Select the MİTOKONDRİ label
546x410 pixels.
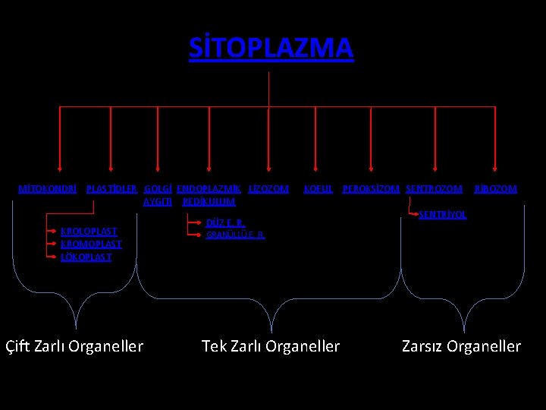[47, 189]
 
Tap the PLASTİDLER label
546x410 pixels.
[112, 189]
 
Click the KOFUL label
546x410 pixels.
[318, 189]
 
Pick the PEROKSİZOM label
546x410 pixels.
[371, 189]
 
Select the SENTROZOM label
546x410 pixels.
[434, 189]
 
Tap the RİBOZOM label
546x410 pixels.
[495, 189]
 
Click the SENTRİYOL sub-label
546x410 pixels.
[443, 215]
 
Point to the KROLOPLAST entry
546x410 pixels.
[89, 230]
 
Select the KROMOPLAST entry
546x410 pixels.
[91, 244]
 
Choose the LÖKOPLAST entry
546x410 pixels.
[86, 257]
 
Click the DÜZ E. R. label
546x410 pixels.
[225, 223]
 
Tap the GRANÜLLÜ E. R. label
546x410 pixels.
[235, 235]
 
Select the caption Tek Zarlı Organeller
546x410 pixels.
[271, 346]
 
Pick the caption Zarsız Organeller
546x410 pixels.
[461, 346]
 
